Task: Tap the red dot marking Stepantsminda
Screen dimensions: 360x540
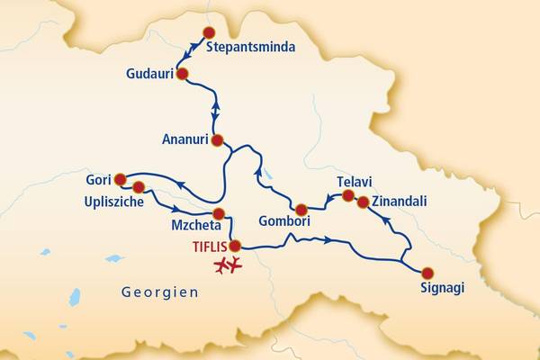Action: (210, 32)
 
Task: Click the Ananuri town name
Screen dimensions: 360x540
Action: (184, 139)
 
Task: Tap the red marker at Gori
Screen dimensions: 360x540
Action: (120, 178)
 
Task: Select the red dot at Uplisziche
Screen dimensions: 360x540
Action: (139, 187)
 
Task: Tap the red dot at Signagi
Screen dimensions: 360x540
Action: (427, 273)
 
